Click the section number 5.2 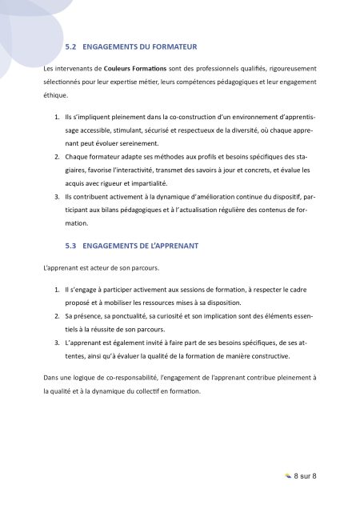point(71,47)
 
